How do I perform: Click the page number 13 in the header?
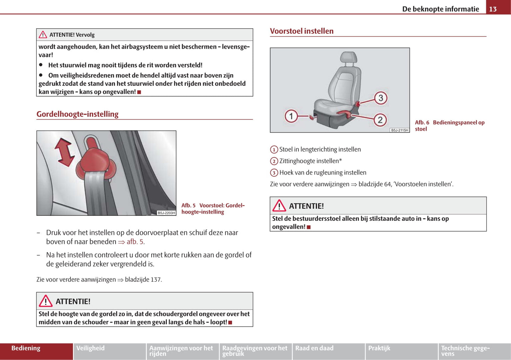493,9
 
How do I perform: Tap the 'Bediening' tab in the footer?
26,348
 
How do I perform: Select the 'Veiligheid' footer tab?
91,348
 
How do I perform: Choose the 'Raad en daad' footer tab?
314,348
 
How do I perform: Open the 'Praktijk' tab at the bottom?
379,348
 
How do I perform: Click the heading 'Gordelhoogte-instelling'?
77,114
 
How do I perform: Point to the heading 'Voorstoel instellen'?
302,31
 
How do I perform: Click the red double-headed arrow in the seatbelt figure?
64,152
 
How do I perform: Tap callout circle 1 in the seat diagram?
291,116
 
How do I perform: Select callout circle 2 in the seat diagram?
380,120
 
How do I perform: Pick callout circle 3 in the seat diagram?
381,98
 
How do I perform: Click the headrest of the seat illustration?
348,58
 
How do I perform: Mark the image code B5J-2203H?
166,213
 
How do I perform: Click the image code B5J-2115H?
400,130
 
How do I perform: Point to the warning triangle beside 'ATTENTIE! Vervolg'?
43,35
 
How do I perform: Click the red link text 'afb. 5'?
135,242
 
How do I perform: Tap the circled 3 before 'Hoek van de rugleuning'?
274,173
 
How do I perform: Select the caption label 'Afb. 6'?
422,123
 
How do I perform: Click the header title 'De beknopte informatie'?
440,9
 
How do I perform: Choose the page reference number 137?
156,280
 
